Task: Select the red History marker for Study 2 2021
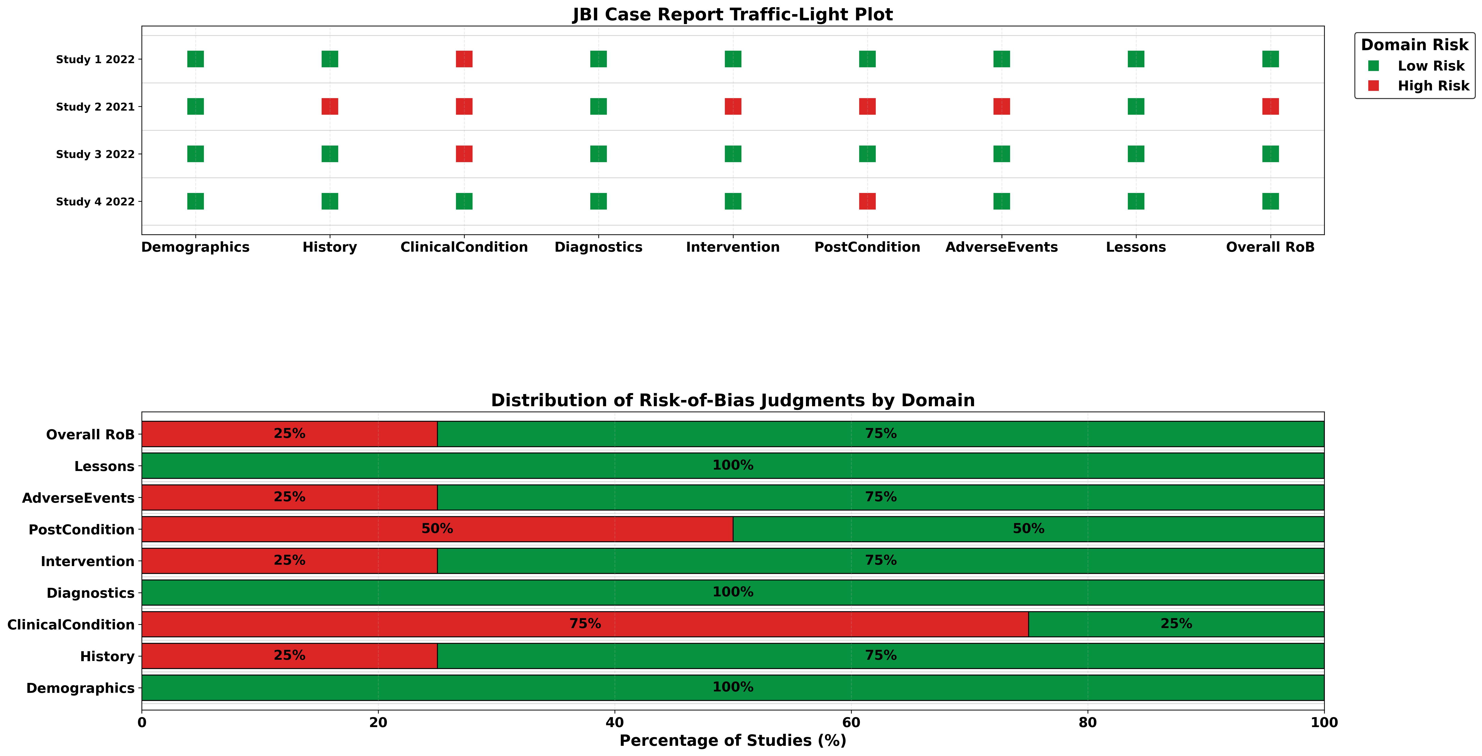click(x=330, y=106)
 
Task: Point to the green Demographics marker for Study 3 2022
click(x=196, y=154)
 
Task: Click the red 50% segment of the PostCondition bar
click(x=345, y=529)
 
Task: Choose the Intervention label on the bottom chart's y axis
click(x=87, y=561)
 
